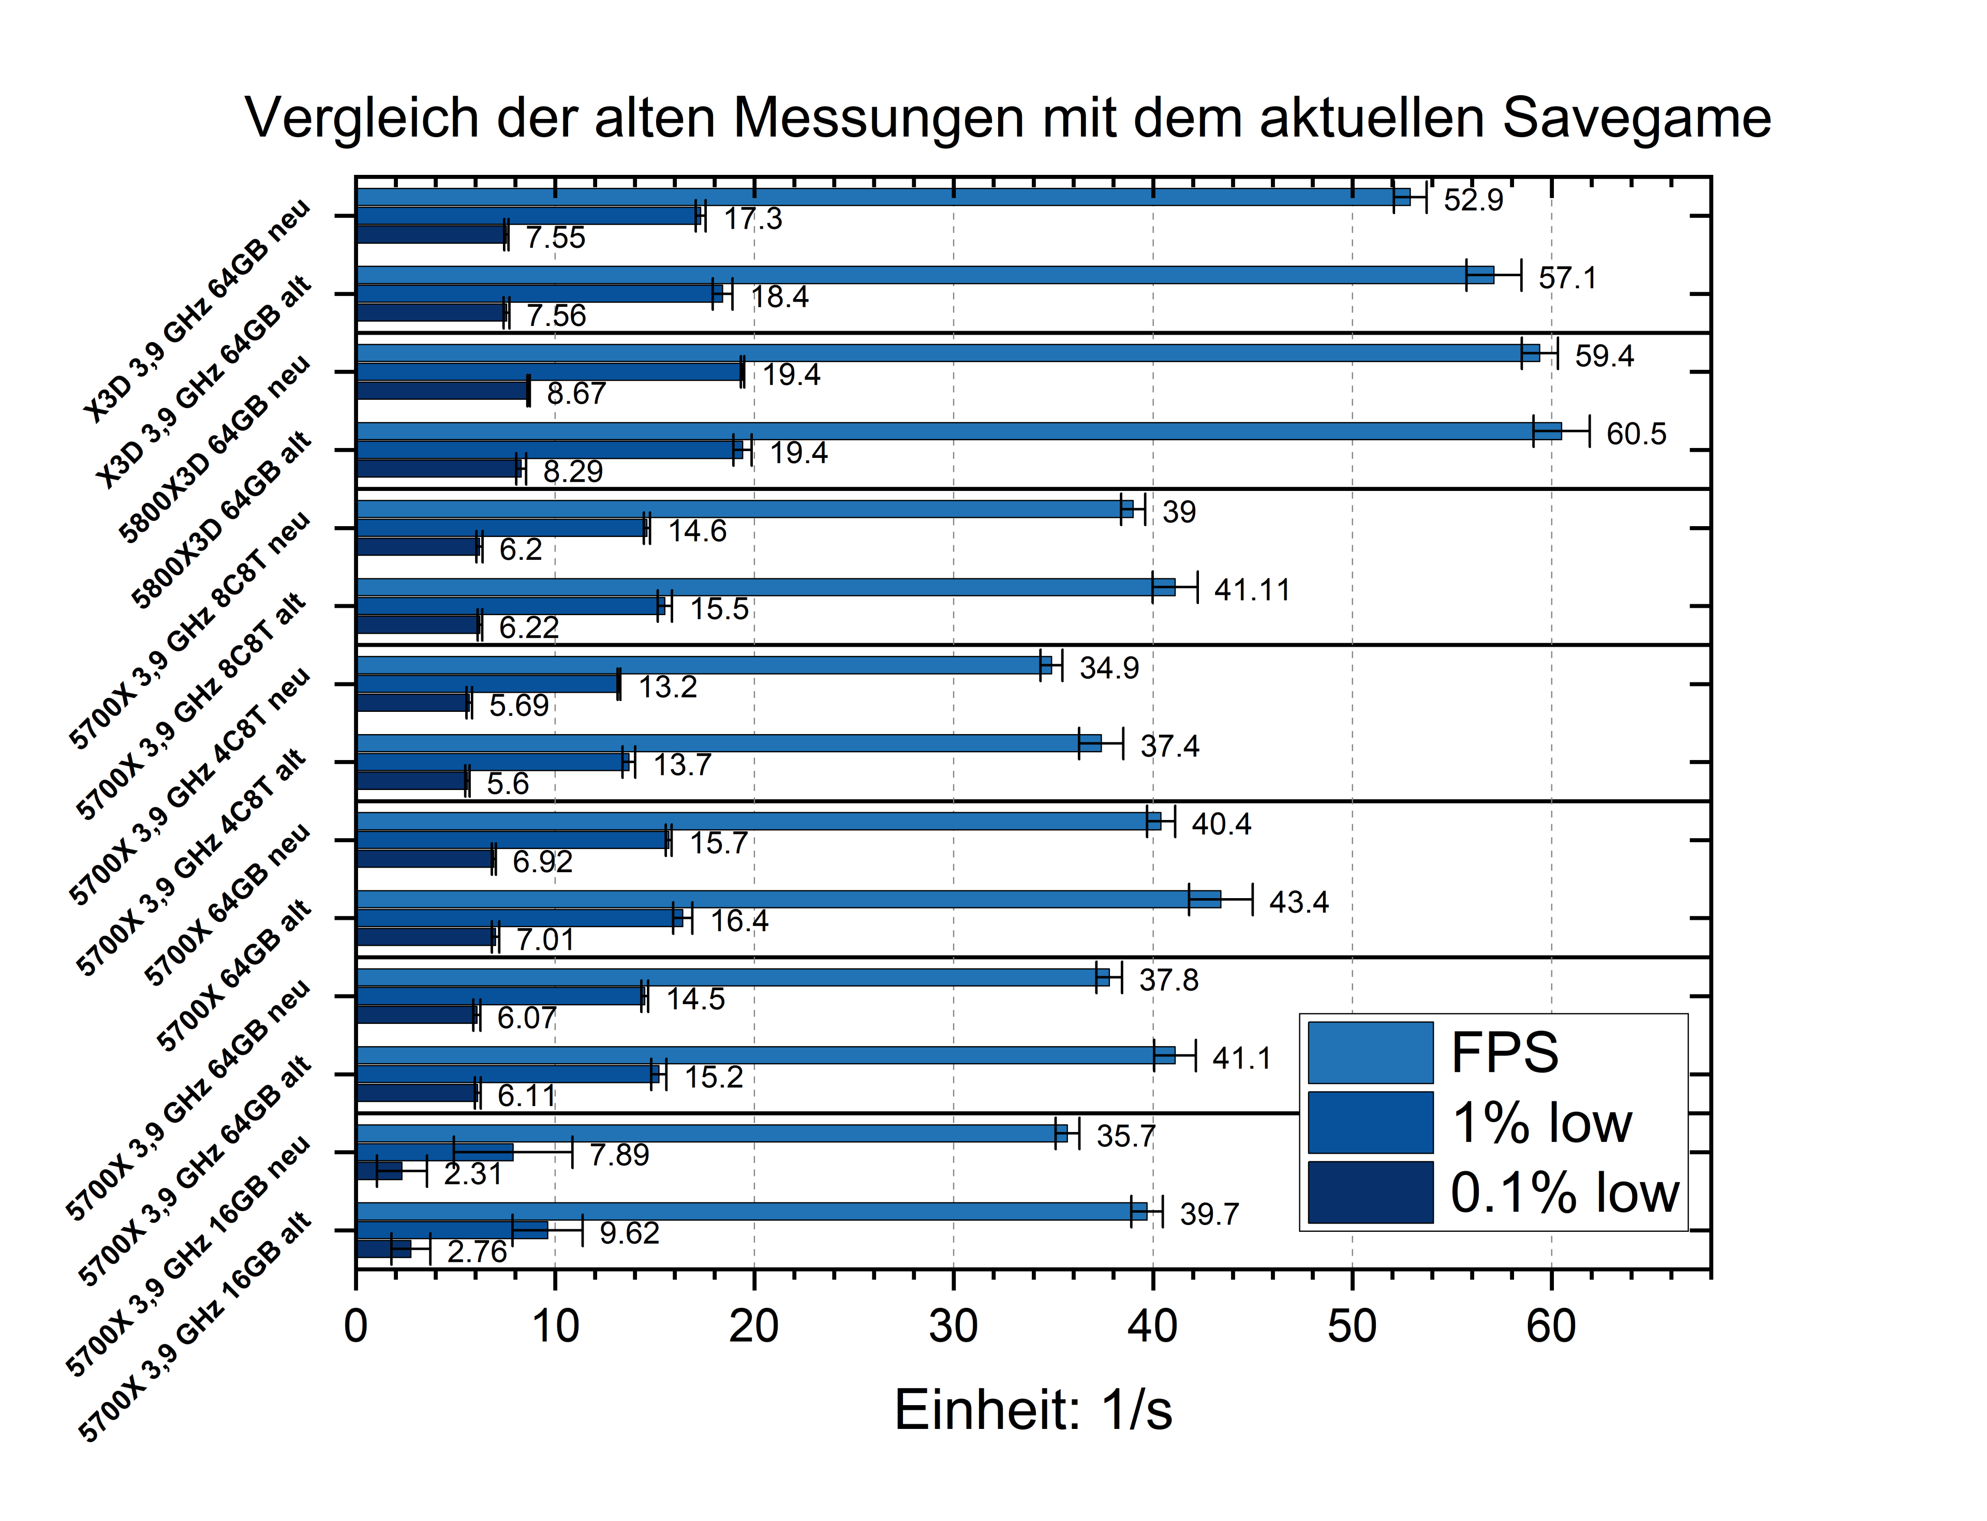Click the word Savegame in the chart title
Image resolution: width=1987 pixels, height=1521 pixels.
[x=1636, y=118]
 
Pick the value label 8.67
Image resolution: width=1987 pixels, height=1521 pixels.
[x=576, y=394]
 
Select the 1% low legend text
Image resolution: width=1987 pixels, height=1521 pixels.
[x=1541, y=1123]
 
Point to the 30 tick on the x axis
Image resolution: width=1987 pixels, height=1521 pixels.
[x=953, y=1326]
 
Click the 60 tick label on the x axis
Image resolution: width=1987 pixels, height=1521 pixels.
[x=1550, y=1326]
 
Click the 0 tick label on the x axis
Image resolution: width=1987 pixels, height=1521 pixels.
[x=356, y=1326]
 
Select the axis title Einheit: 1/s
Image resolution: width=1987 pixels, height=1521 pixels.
[x=1032, y=1410]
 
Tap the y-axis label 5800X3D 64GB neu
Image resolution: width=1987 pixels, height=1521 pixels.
[x=215, y=450]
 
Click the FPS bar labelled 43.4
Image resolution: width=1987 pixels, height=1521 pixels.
[x=788, y=899]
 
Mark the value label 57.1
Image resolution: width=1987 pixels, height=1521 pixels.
[x=1567, y=277]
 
